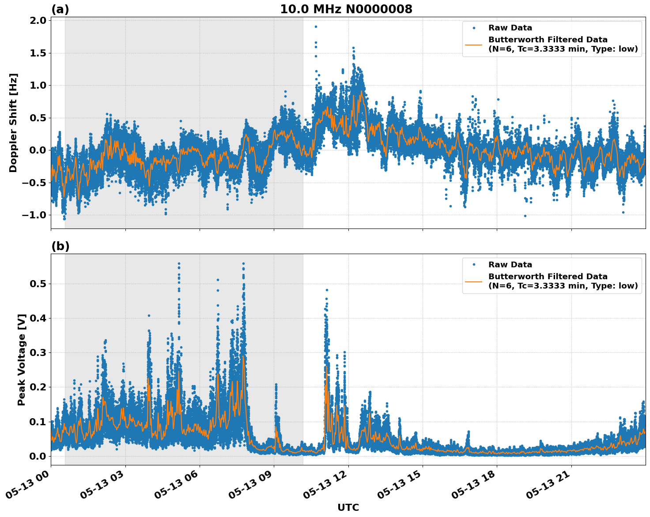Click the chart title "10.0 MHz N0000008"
(x=346, y=9)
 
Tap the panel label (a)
(x=60, y=9)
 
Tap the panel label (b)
(x=60, y=246)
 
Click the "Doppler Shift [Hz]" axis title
(x=13, y=123)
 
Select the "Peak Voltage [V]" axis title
(x=22, y=360)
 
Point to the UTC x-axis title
(x=348, y=507)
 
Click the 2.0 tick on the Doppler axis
(x=38, y=21)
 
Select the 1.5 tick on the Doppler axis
(x=38, y=53)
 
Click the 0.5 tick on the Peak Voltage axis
(x=38, y=284)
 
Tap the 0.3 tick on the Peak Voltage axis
(x=38, y=352)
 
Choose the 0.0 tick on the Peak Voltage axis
(x=38, y=456)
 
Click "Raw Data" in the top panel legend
(x=510, y=28)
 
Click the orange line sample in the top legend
(x=473, y=45)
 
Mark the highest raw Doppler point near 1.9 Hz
(x=316, y=26)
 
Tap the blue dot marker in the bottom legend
(x=473, y=265)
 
